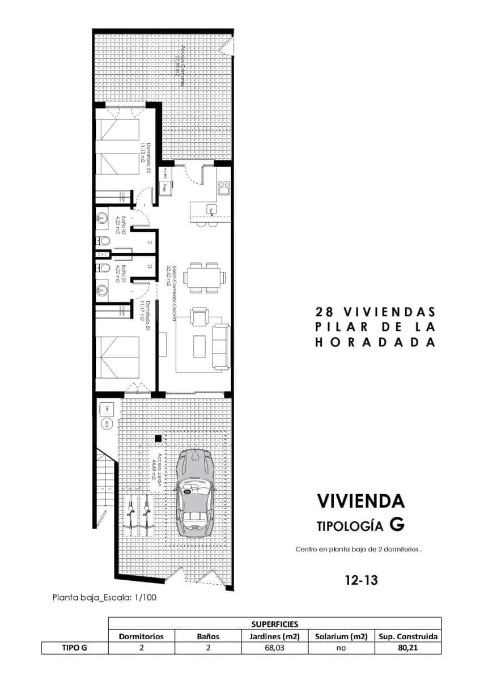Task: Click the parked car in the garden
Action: [194, 492]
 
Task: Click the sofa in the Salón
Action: [220, 346]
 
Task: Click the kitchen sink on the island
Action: [211, 210]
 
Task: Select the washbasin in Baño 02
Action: [103, 218]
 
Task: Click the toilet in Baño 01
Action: [104, 267]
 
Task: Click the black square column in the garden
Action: [158, 437]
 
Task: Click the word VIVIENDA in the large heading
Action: [360, 501]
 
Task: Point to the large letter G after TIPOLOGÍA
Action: [397, 525]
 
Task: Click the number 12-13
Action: [361, 580]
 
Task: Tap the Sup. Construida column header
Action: [408, 636]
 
